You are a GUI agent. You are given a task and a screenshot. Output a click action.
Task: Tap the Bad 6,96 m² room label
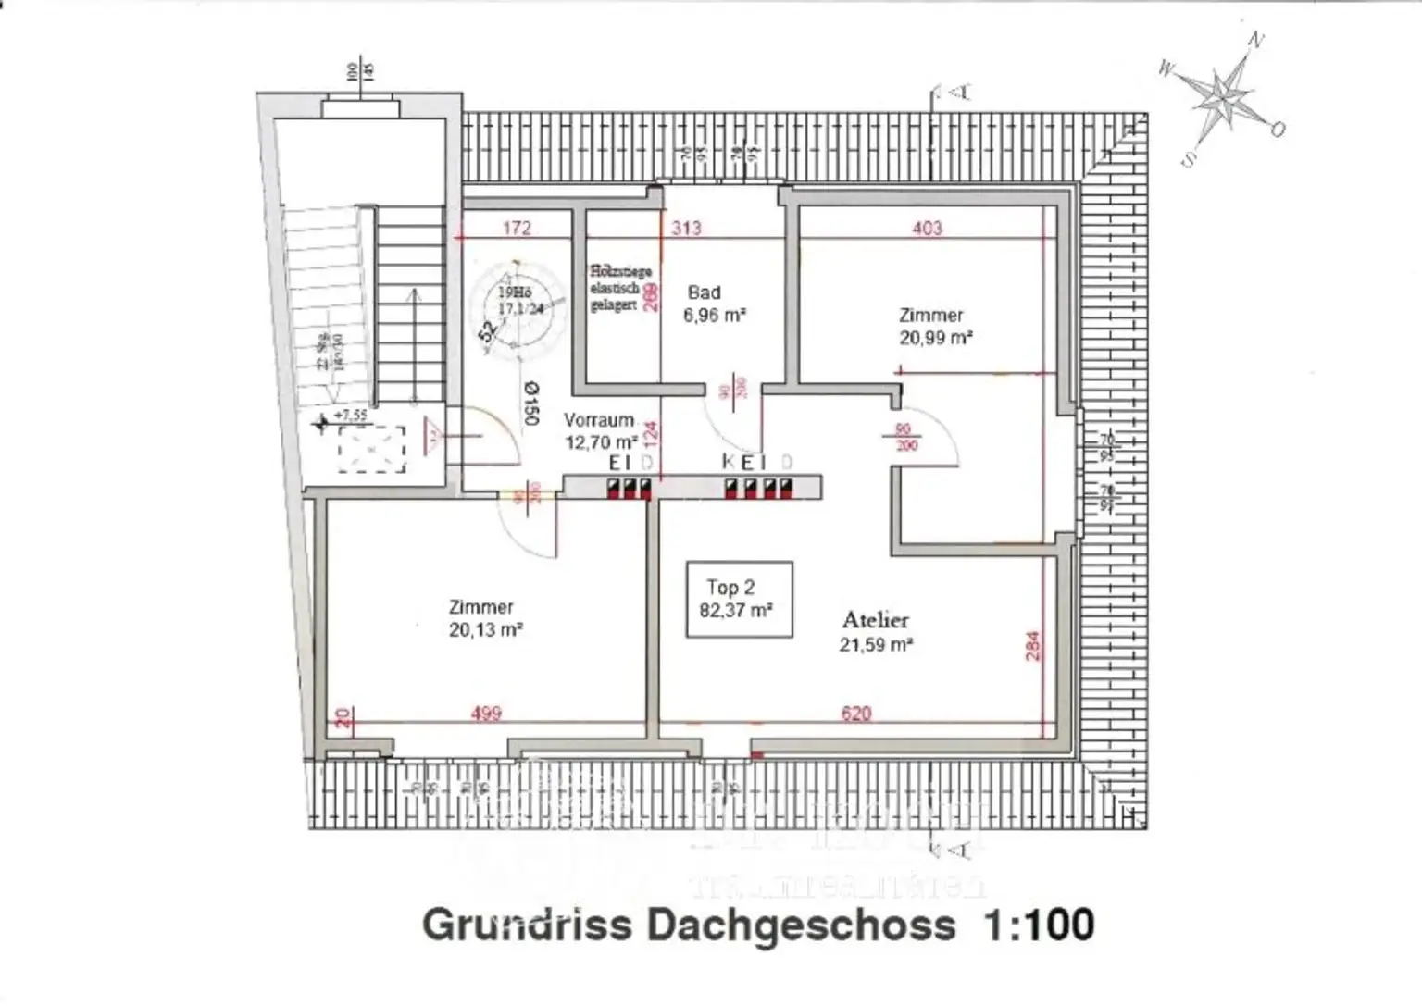click(714, 304)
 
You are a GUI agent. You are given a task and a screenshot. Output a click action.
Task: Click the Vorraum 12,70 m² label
click(601, 431)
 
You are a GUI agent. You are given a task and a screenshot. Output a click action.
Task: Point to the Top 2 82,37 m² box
click(739, 599)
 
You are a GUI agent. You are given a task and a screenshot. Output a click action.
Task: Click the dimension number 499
click(486, 714)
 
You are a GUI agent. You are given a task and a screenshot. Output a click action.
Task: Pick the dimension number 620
click(855, 714)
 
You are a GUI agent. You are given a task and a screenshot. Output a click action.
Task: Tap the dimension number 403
click(927, 228)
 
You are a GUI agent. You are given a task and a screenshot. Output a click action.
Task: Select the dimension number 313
click(686, 228)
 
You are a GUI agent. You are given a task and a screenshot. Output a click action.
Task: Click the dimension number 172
click(517, 228)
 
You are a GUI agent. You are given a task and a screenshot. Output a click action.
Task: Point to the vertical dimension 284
click(1033, 645)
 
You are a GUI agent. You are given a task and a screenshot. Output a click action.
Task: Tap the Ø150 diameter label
click(530, 404)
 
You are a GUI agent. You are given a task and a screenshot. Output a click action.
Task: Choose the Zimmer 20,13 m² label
click(484, 618)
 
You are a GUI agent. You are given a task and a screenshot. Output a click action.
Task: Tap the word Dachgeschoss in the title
click(802, 925)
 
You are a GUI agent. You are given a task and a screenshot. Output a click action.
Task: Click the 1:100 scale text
click(1040, 925)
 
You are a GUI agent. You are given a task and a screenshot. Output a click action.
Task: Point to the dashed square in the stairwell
click(371, 449)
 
